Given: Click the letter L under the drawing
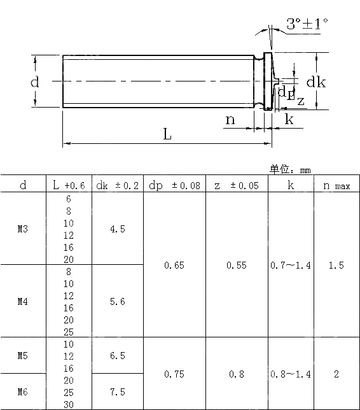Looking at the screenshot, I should point(167,134).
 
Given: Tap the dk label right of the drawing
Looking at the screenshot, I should point(316,82).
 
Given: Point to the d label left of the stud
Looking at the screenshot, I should point(35,82).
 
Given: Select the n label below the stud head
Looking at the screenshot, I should point(230,119).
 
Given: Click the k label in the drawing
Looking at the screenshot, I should point(289,119).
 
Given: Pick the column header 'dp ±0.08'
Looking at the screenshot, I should point(174,185).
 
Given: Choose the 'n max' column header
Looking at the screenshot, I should point(336,185).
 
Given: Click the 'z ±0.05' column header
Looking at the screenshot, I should point(237,185).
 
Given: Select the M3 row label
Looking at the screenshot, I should point(23,229).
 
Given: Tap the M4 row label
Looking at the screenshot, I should point(23,302).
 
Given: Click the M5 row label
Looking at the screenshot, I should point(23,356).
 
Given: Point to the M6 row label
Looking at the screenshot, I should point(23,392).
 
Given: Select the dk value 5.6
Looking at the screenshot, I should point(118,302).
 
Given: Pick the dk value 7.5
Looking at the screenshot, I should point(118,392).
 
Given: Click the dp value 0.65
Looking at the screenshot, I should point(174,265).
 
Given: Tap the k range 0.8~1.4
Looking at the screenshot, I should point(291,374).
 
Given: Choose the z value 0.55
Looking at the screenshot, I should point(237,265).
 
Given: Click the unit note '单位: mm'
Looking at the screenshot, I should point(290,169).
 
